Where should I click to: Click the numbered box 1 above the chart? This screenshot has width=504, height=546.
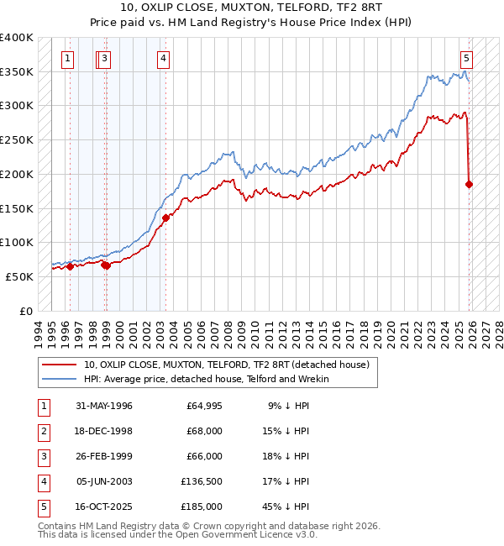click(x=66, y=58)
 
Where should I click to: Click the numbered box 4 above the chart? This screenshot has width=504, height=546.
click(x=162, y=58)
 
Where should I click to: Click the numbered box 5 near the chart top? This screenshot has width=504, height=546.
click(x=466, y=58)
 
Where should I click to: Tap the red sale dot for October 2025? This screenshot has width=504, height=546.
click(x=469, y=184)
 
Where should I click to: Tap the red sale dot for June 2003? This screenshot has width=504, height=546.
click(x=166, y=218)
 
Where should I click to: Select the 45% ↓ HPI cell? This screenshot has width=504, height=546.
click(x=288, y=507)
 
